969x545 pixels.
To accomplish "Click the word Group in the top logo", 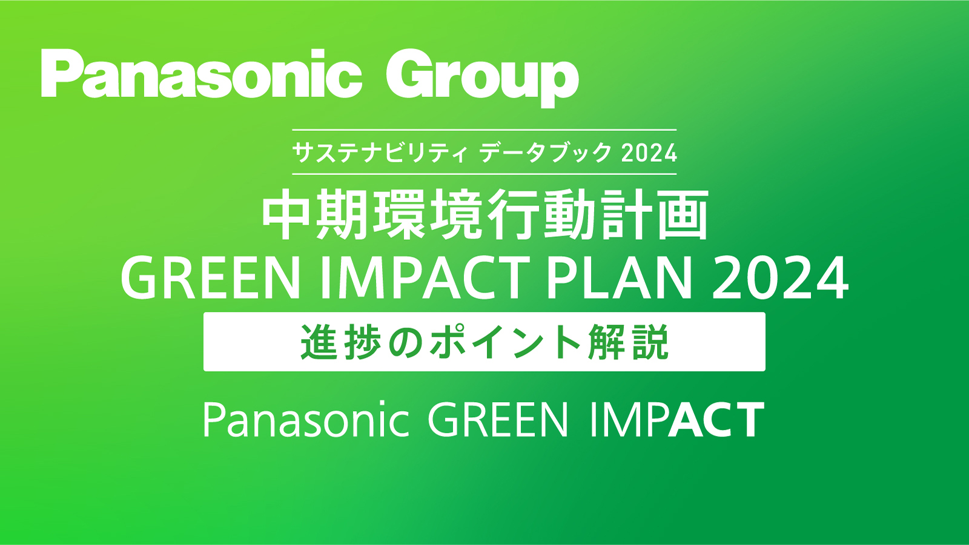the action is [482, 78].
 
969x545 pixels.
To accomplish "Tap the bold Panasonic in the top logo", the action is [201, 73].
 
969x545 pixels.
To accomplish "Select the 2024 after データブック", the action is [649, 153].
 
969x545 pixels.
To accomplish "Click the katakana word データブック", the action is [545, 153].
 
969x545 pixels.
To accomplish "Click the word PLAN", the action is [620, 278].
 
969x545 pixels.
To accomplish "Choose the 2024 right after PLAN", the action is [779, 278].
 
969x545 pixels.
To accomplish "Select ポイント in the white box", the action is [484, 342].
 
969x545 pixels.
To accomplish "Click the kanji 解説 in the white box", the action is [628, 342].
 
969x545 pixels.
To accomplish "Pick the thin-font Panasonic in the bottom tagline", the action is [306, 419].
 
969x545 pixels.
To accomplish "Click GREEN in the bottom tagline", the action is [497, 419].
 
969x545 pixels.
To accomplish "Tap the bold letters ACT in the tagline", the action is [716, 419].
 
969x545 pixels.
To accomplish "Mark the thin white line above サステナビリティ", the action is [484, 130].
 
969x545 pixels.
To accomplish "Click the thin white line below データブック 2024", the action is [484, 174].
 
